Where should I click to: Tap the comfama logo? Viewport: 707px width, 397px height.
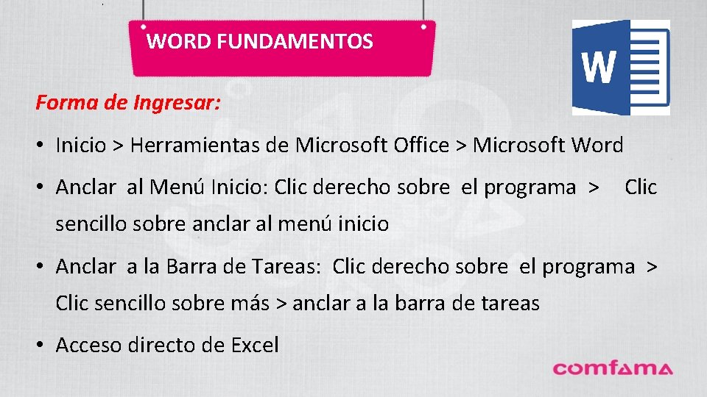click(x=613, y=368)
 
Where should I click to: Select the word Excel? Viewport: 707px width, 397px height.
click(x=255, y=345)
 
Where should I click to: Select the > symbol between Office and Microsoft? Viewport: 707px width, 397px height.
click(x=461, y=146)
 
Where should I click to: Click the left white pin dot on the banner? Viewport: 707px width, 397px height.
click(x=142, y=26)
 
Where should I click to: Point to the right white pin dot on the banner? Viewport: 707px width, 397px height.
click(x=423, y=26)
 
